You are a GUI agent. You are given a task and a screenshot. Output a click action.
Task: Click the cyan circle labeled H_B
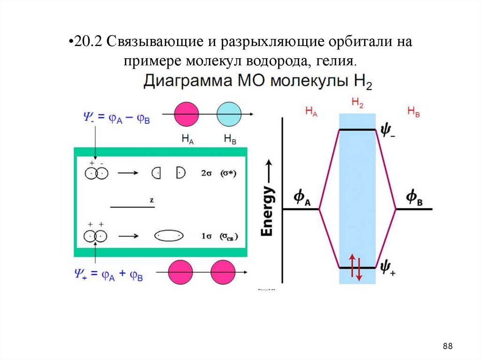229,114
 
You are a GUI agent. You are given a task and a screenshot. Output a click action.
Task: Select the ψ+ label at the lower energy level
388,268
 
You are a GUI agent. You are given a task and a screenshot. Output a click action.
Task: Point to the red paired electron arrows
356,268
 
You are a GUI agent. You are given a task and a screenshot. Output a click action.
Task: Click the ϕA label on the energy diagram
302,198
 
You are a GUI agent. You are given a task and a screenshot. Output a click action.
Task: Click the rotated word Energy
267,211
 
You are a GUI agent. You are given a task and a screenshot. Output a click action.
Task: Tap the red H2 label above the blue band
357,104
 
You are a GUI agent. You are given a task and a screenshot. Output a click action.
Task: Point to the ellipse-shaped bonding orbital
169,235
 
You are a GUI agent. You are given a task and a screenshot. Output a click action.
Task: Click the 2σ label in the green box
206,173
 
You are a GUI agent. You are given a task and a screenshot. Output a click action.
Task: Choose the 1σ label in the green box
206,236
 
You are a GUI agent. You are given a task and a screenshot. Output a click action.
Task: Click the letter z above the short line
152,200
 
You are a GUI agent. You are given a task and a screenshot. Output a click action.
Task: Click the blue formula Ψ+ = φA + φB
109,273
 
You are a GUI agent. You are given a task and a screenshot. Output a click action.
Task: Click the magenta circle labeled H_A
186,114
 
